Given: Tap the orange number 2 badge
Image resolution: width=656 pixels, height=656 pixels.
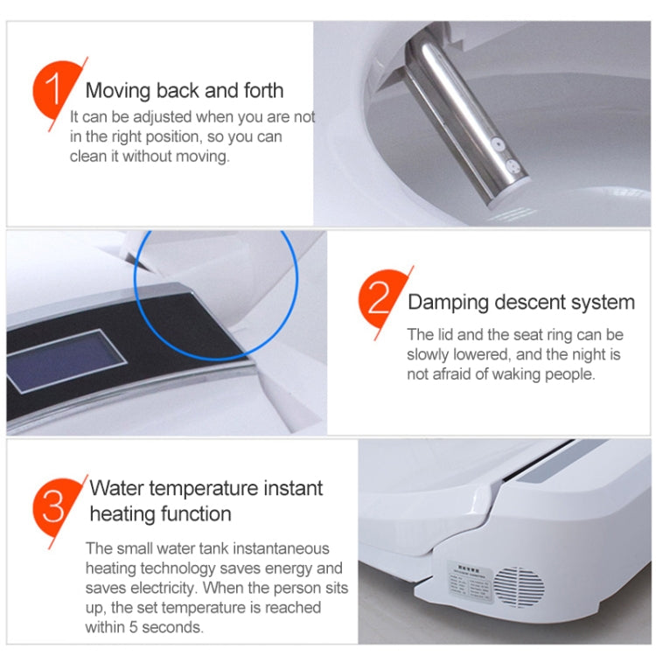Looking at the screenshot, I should click(x=378, y=302).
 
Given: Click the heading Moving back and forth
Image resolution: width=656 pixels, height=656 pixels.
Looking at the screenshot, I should click(x=185, y=90).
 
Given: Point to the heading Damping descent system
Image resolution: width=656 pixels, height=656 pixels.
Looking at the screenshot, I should click(x=521, y=303).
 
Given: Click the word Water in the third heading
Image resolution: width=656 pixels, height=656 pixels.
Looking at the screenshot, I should click(x=120, y=488).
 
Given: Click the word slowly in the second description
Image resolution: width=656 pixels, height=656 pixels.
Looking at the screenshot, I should click(x=429, y=355).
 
